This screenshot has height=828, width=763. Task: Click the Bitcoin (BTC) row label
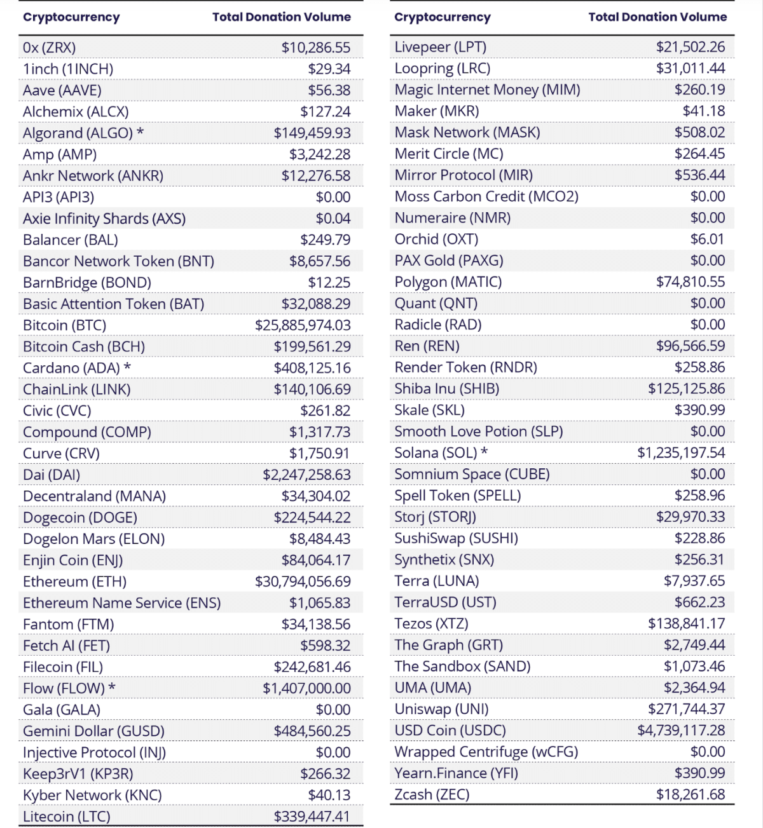(x=64, y=325)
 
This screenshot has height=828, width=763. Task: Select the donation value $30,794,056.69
(x=303, y=581)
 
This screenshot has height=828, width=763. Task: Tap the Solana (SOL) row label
(x=436, y=452)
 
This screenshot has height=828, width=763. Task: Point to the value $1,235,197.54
(x=681, y=452)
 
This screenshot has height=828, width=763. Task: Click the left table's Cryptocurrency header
(x=71, y=17)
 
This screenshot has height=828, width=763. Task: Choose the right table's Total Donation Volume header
(x=657, y=17)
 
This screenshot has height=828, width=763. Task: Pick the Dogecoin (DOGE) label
(x=80, y=517)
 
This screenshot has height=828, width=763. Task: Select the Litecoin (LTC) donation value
(x=312, y=817)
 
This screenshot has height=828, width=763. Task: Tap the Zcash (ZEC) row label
(x=432, y=794)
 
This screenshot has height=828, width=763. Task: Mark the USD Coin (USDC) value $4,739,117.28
(x=681, y=730)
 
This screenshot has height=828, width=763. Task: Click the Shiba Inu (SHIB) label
(x=446, y=388)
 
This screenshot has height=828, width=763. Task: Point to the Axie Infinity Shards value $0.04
(x=333, y=219)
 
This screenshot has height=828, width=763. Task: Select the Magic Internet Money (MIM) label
(x=487, y=90)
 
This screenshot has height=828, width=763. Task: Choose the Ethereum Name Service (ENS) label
(x=121, y=603)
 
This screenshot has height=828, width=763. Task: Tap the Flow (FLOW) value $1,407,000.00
(x=306, y=688)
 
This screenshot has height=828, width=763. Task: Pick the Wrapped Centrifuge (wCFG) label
(x=486, y=752)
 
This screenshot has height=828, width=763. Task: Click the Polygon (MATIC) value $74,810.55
(x=691, y=282)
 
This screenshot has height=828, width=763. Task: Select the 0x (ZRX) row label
(x=49, y=48)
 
